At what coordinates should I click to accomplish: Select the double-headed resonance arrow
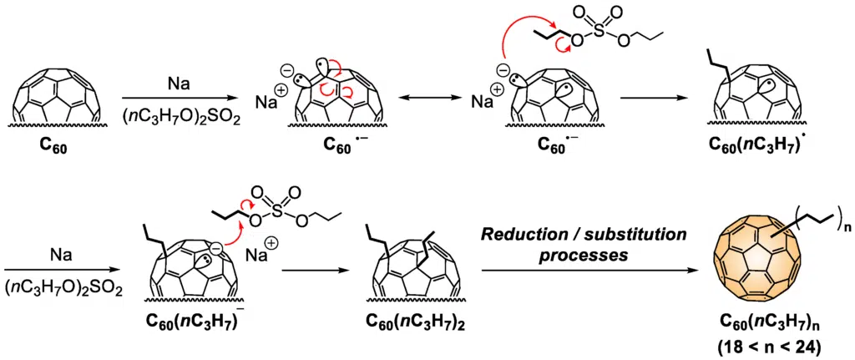[x=426, y=99]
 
